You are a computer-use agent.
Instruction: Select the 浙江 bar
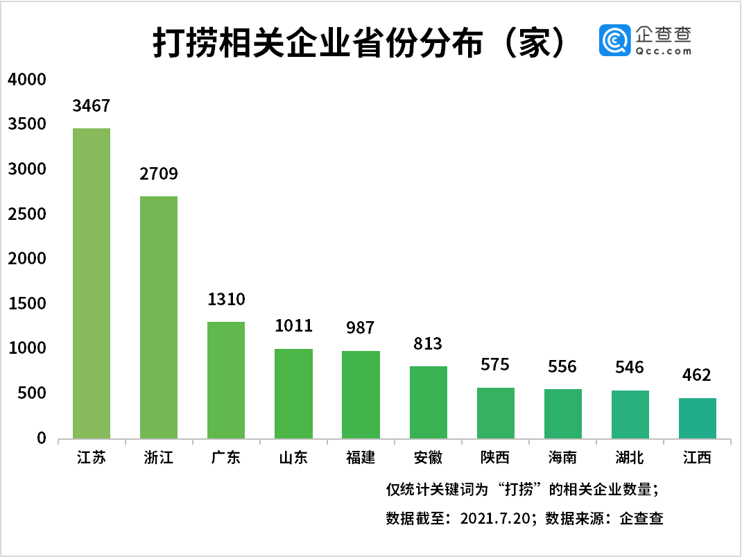(159, 317)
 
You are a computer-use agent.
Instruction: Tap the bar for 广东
(226, 380)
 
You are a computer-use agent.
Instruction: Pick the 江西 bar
(698, 418)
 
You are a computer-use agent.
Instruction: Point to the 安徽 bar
(429, 402)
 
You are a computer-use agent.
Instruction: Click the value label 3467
(92, 106)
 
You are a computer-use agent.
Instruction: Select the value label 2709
(159, 174)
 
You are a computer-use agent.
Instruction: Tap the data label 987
(361, 328)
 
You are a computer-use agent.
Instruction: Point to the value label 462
(697, 375)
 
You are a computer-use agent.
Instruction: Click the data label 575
(495, 365)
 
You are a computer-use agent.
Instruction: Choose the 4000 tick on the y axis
(27, 80)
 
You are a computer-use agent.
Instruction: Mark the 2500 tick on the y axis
(27, 214)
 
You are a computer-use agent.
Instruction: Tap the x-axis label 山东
(293, 458)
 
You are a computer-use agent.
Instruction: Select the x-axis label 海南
(562, 458)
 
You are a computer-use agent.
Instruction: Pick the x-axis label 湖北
(630, 458)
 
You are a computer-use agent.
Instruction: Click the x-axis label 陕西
(495, 458)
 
